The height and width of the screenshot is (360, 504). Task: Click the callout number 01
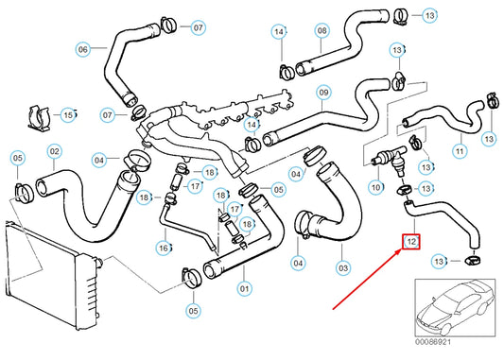(x=244, y=289)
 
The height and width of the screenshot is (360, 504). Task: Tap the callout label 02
(x=55, y=151)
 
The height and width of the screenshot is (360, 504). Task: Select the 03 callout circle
(x=343, y=267)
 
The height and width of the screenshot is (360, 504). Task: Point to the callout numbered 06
(x=83, y=49)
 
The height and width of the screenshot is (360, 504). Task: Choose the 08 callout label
(x=322, y=30)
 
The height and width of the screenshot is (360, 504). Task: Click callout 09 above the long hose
(x=324, y=93)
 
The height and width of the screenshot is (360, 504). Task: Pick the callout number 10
(x=375, y=187)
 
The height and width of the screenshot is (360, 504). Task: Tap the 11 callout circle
(x=460, y=151)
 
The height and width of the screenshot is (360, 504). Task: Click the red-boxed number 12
(x=411, y=242)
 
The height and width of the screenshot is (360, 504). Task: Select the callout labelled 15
(x=68, y=114)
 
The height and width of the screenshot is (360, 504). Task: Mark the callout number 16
(x=164, y=248)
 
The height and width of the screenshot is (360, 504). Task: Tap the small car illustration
(x=455, y=308)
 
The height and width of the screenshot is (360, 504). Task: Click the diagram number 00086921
(x=433, y=342)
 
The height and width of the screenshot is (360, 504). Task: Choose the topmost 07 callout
(x=198, y=27)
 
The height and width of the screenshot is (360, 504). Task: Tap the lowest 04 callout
(x=298, y=264)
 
